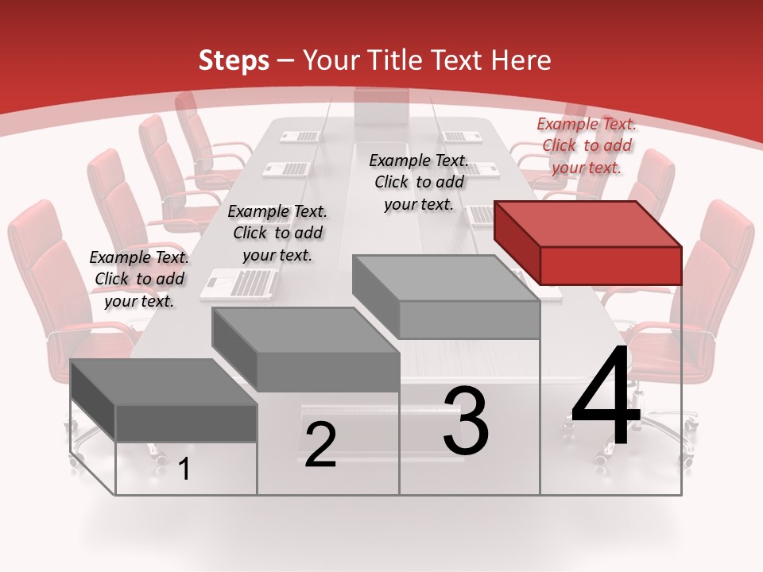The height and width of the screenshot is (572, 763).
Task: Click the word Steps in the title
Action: (x=234, y=60)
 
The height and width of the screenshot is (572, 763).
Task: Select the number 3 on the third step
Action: (x=466, y=421)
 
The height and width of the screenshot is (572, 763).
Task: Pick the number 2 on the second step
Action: (x=320, y=445)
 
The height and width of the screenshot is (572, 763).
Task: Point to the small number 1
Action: (x=184, y=470)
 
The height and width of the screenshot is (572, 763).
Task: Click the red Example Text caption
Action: (x=587, y=145)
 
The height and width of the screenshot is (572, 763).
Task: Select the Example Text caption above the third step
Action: (x=419, y=182)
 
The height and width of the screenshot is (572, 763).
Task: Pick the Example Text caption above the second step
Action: (x=277, y=233)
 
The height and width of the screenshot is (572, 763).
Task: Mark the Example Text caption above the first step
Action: (x=139, y=279)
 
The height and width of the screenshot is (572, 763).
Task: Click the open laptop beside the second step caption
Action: (x=238, y=283)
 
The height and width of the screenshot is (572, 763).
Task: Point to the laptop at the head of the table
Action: (x=381, y=107)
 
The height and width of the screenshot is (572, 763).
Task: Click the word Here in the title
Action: (x=521, y=60)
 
